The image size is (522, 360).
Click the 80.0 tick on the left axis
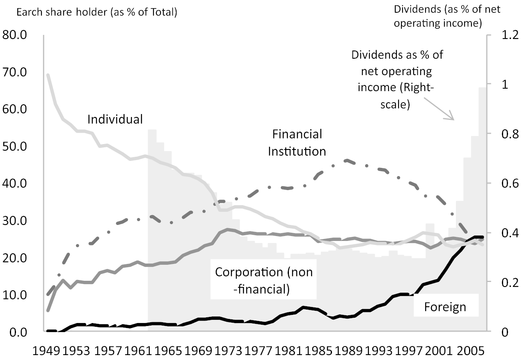pyautogui.click(x=15, y=35)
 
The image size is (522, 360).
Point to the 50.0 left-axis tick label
pyautogui.click(x=15, y=147)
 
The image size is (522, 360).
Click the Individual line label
pyautogui.click(x=115, y=119)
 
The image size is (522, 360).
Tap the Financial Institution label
pyautogui.click(x=297, y=142)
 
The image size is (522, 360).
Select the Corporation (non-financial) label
pyautogui.click(x=264, y=280)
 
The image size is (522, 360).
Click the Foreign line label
pyautogui.click(x=445, y=307)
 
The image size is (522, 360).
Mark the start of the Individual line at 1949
pyautogui.click(x=48, y=75)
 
